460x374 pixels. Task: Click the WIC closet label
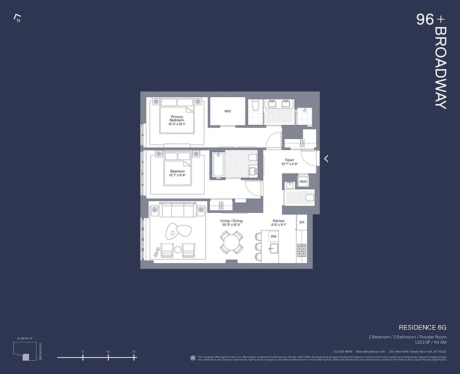point(227,111)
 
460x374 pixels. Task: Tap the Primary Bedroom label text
point(177,119)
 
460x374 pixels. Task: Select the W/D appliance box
point(303,181)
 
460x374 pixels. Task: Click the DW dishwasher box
point(274,237)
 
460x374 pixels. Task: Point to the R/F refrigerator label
point(302,223)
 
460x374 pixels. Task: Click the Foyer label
point(290,162)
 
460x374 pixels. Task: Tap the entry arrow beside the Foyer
point(326,158)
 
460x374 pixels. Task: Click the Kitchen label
point(279,223)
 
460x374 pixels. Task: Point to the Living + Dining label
point(232,223)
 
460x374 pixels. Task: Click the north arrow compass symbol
point(17,19)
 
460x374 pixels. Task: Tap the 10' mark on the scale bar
point(108,357)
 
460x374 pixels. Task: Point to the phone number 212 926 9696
point(343,352)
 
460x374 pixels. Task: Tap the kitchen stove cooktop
point(302,252)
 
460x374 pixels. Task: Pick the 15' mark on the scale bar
point(134,357)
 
